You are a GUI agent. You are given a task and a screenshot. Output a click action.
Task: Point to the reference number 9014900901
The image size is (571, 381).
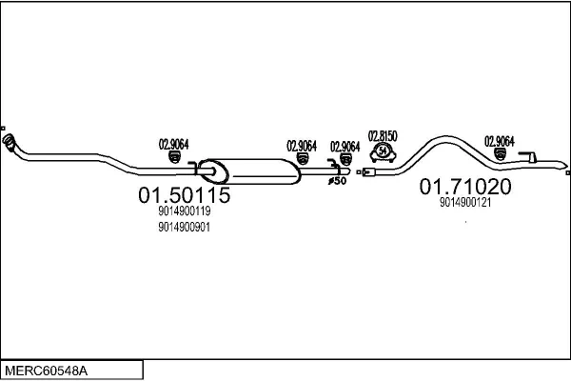pyautogui.click(x=185, y=228)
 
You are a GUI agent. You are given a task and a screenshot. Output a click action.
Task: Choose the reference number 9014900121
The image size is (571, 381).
pyautogui.click(x=465, y=202)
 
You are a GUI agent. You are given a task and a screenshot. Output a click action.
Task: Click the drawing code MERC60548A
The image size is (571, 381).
pyautogui.click(x=48, y=369)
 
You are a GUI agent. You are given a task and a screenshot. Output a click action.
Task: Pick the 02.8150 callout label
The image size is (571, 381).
pyautogui.click(x=383, y=135)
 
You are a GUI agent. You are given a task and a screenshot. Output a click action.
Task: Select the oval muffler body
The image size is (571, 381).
pyautogui.click(x=252, y=171)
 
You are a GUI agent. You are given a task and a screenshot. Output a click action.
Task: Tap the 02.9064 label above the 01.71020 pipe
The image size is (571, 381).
pyautogui.click(x=500, y=141)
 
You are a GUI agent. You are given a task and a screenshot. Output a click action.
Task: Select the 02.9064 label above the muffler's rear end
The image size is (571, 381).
pyautogui.click(x=302, y=146)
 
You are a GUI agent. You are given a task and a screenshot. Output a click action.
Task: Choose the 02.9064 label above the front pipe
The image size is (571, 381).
pyautogui.click(x=173, y=144)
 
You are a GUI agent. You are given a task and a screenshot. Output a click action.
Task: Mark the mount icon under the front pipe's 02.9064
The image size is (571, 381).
pyautogui.click(x=173, y=156)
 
